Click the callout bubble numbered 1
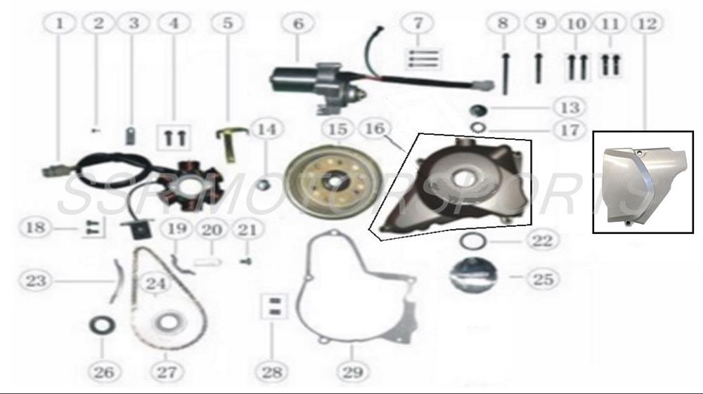point(61,24)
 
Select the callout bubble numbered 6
point(299,24)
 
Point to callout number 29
point(349,372)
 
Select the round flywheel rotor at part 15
point(333,178)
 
